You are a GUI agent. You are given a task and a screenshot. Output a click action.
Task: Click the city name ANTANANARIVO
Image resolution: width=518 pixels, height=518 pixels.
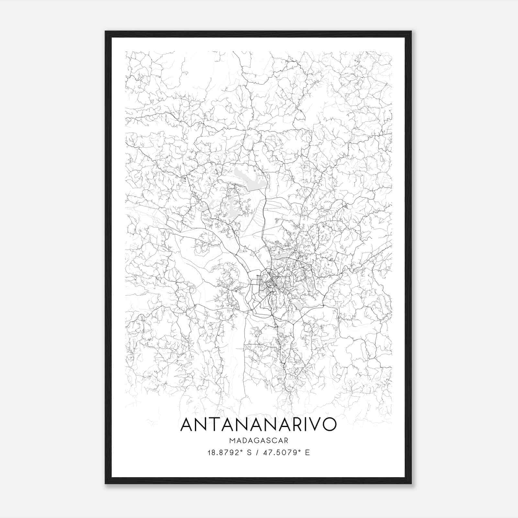pos(258,425)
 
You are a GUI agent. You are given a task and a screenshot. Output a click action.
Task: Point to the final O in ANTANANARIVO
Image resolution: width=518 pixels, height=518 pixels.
pos(328,425)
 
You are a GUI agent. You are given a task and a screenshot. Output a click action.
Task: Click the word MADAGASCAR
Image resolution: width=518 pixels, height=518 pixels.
pos(258,441)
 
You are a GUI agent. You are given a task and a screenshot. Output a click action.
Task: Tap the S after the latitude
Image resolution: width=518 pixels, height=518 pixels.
pos(249,452)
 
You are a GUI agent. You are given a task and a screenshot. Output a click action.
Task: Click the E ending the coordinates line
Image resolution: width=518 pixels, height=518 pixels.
pos(307,452)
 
